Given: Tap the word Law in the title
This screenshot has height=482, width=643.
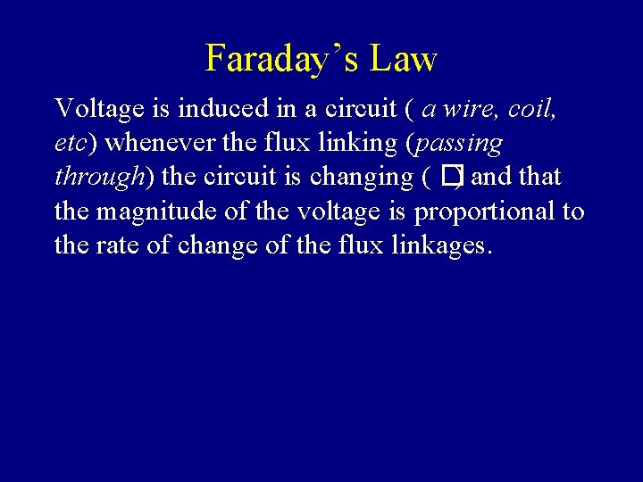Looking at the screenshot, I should pyautogui.click(x=404, y=59).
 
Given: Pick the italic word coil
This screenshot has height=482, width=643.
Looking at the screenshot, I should pyautogui.click(x=533, y=109).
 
